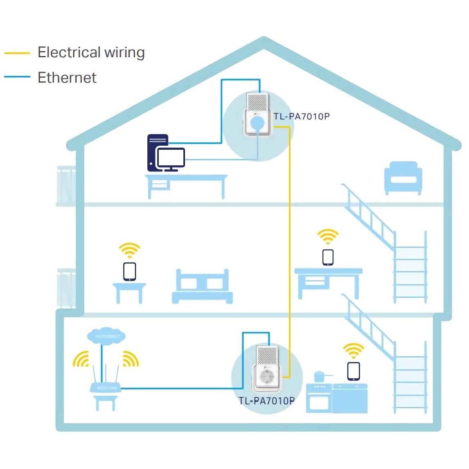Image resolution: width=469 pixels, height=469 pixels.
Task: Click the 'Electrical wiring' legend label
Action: pos(91,52)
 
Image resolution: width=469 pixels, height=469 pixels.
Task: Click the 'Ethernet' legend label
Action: pos(67,77)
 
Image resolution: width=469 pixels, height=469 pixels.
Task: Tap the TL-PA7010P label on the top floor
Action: pos(302,116)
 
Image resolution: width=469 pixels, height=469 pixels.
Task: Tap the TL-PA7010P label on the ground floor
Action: pos(266,401)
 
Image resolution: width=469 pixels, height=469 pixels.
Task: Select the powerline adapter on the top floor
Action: pos(257,115)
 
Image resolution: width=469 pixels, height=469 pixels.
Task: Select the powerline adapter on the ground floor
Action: pos(267,368)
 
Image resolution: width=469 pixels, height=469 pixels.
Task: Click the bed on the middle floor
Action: pos(202,286)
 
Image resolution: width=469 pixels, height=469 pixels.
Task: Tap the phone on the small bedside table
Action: pos(129,271)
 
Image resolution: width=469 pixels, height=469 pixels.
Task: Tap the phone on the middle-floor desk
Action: pos(328,257)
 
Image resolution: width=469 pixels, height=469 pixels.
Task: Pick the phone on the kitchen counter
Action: pos(354,371)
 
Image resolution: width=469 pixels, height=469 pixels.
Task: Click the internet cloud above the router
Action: pos(106,336)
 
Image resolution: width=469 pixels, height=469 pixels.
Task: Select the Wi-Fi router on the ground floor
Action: pos(105,387)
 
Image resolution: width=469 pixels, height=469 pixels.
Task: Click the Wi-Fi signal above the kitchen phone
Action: pos(354,351)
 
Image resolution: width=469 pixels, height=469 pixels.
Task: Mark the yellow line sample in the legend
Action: pos(17,53)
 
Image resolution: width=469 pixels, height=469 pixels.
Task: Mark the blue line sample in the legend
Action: pos(17,77)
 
